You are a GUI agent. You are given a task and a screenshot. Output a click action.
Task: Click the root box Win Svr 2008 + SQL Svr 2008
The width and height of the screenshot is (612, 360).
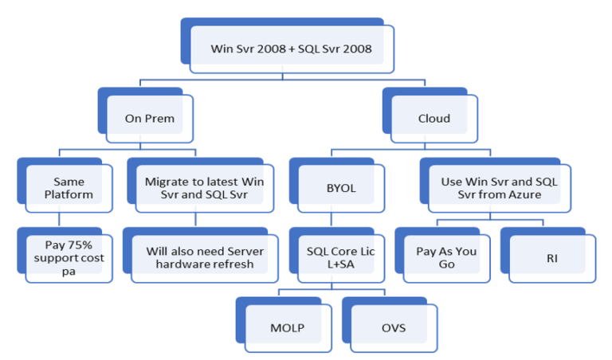pyautogui.click(x=291, y=49)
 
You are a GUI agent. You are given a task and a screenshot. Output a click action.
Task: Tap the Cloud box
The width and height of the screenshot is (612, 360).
pyautogui.click(x=434, y=119)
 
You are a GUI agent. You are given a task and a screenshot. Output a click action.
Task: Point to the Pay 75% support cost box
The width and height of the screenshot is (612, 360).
pyautogui.click(x=69, y=257)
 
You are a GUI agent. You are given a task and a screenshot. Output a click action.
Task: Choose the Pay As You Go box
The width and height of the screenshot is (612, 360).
pyautogui.click(x=446, y=257)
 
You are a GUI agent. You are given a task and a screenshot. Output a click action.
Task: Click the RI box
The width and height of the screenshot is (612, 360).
pyautogui.click(x=551, y=257)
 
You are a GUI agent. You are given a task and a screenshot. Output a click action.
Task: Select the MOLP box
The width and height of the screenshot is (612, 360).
pyautogui.click(x=286, y=327)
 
